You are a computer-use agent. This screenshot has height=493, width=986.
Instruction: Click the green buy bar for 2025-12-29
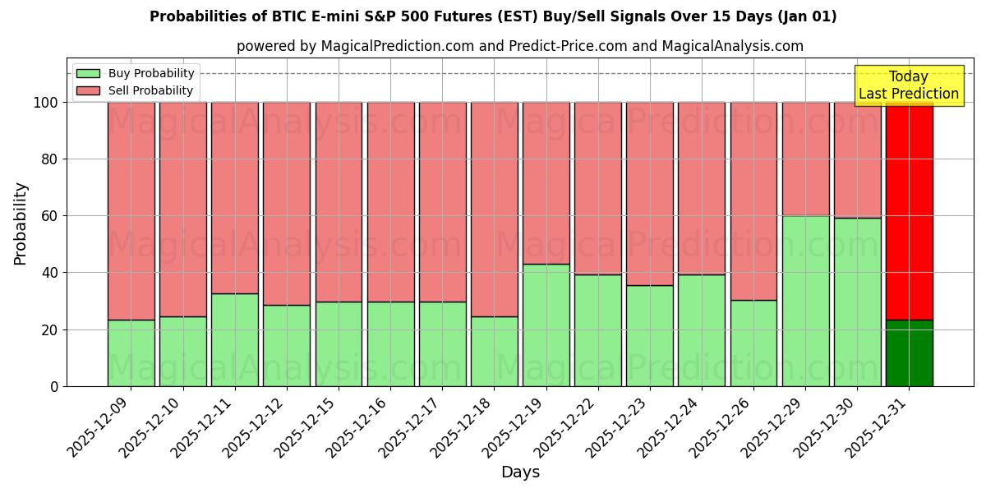click(805, 301)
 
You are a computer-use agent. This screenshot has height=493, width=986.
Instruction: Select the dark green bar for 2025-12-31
click(909, 353)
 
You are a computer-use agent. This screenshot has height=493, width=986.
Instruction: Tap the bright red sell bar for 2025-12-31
click(909, 210)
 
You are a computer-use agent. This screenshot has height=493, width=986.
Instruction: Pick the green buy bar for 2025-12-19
click(546, 325)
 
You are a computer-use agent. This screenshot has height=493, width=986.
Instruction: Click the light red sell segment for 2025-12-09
click(131, 210)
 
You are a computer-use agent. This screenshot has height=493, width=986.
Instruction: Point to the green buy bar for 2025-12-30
click(857, 302)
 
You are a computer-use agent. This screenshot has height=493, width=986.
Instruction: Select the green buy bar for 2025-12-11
click(234, 339)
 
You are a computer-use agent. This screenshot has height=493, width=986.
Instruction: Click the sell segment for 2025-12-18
click(494, 209)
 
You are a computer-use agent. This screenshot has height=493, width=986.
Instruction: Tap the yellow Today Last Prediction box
click(908, 85)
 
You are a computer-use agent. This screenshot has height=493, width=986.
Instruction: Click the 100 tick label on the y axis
click(47, 103)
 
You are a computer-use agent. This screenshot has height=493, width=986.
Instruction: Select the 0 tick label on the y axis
click(55, 386)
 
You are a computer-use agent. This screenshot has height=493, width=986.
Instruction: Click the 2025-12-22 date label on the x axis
click(566, 427)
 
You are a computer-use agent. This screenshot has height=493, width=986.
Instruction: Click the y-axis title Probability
click(21, 223)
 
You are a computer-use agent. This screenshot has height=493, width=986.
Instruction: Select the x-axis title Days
click(520, 472)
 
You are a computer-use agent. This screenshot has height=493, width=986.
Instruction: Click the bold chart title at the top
click(493, 16)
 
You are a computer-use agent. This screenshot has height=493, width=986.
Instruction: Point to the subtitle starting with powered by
click(519, 46)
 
